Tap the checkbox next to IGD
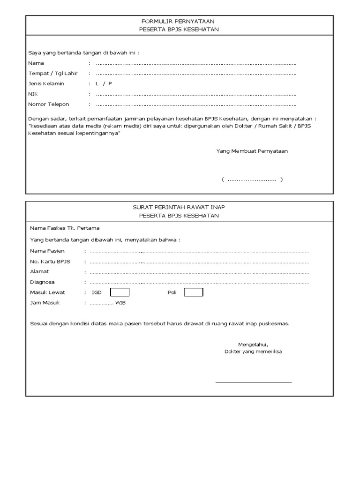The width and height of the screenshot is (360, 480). coord(120,292)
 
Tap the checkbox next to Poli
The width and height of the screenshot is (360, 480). coord(193,292)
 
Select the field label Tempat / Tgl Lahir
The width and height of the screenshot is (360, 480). coord(53,74)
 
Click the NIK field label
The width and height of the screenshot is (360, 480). coord(33,94)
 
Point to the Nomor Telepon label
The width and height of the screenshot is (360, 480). coord(49,105)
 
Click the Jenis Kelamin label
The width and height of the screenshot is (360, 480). coord(46,84)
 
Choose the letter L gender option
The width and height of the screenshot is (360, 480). coord(97,84)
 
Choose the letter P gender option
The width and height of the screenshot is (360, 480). coord(110,84)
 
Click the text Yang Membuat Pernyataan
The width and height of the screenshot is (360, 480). coord(252,151)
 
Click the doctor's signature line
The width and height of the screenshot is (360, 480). coord(253,382)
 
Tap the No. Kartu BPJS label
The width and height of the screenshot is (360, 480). coord(50,262)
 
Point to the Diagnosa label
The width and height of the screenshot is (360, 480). coord(42,282)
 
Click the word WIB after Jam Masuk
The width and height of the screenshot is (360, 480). coord(120,303)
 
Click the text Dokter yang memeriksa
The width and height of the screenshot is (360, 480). coord(253,351)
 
